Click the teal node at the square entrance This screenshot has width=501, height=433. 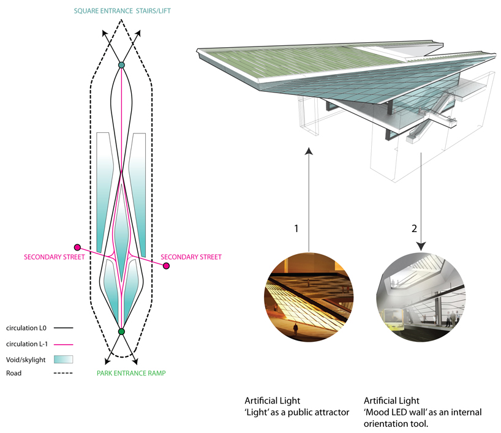pyautogui.click(x=121, y=65)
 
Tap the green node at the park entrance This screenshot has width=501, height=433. pyautogui.click(x=121, y=331)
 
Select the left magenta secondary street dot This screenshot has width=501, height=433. pyautogui.click(x=77, y=247)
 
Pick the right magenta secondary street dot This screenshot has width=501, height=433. pyautogui.click(x=165, y=265)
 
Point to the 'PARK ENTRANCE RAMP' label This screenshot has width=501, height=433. pyautogui.click(x=131, y=373)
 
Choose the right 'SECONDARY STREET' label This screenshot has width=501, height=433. pyautogui.click(x=191, y=257)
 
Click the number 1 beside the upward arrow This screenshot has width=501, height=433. pyautogui.click(x=296, y=228)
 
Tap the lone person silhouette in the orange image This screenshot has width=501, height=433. pyautogui.click(x=295, y=329)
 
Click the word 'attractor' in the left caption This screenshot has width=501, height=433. pyautogui.click(x=329, y=412)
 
